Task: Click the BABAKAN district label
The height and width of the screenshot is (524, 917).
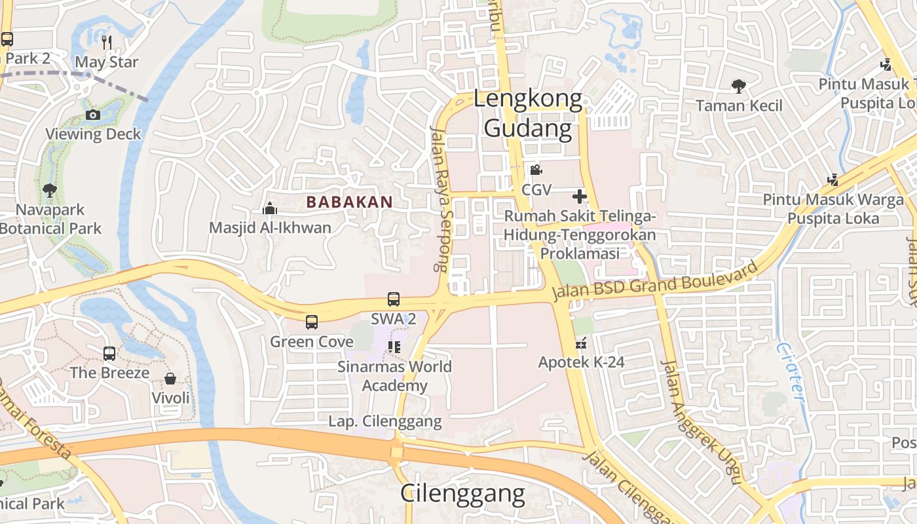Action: pos(350,202)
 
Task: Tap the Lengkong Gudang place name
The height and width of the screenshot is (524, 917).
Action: pos(528,114)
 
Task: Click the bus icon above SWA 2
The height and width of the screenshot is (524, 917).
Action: pos(394,299)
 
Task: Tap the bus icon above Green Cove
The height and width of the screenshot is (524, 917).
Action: pos(312,322)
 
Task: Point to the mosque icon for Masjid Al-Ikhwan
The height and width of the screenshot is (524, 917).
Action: pos(270,209)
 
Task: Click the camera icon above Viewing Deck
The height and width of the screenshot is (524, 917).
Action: pos(93,115)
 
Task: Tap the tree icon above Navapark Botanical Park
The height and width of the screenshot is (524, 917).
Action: pos(50,191)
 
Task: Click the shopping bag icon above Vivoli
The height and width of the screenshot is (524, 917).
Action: pos(170,379)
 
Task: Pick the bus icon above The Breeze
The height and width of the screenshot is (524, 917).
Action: pos(109,354)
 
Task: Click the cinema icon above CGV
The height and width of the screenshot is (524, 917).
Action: pos(536,170)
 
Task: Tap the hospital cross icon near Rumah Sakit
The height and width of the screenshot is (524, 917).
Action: pos(579,196)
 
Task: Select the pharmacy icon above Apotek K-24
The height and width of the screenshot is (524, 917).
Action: pos(581,343)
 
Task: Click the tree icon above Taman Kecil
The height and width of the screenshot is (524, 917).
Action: pos(739,86)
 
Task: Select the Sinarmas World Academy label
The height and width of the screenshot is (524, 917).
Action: pos(394,375)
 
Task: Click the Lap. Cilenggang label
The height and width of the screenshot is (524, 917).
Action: pos(385,421)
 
